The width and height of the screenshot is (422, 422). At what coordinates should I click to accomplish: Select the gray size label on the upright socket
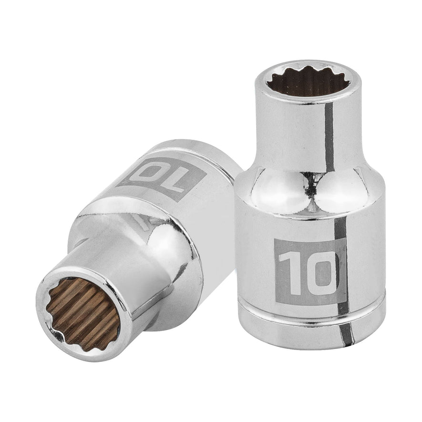pyautogui.click(x=308, y=272)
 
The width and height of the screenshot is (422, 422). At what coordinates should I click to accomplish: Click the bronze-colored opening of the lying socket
pyautogui.click(x=83, y=312)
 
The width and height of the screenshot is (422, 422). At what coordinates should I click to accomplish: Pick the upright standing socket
pyautogui.click(x=310, y=215)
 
